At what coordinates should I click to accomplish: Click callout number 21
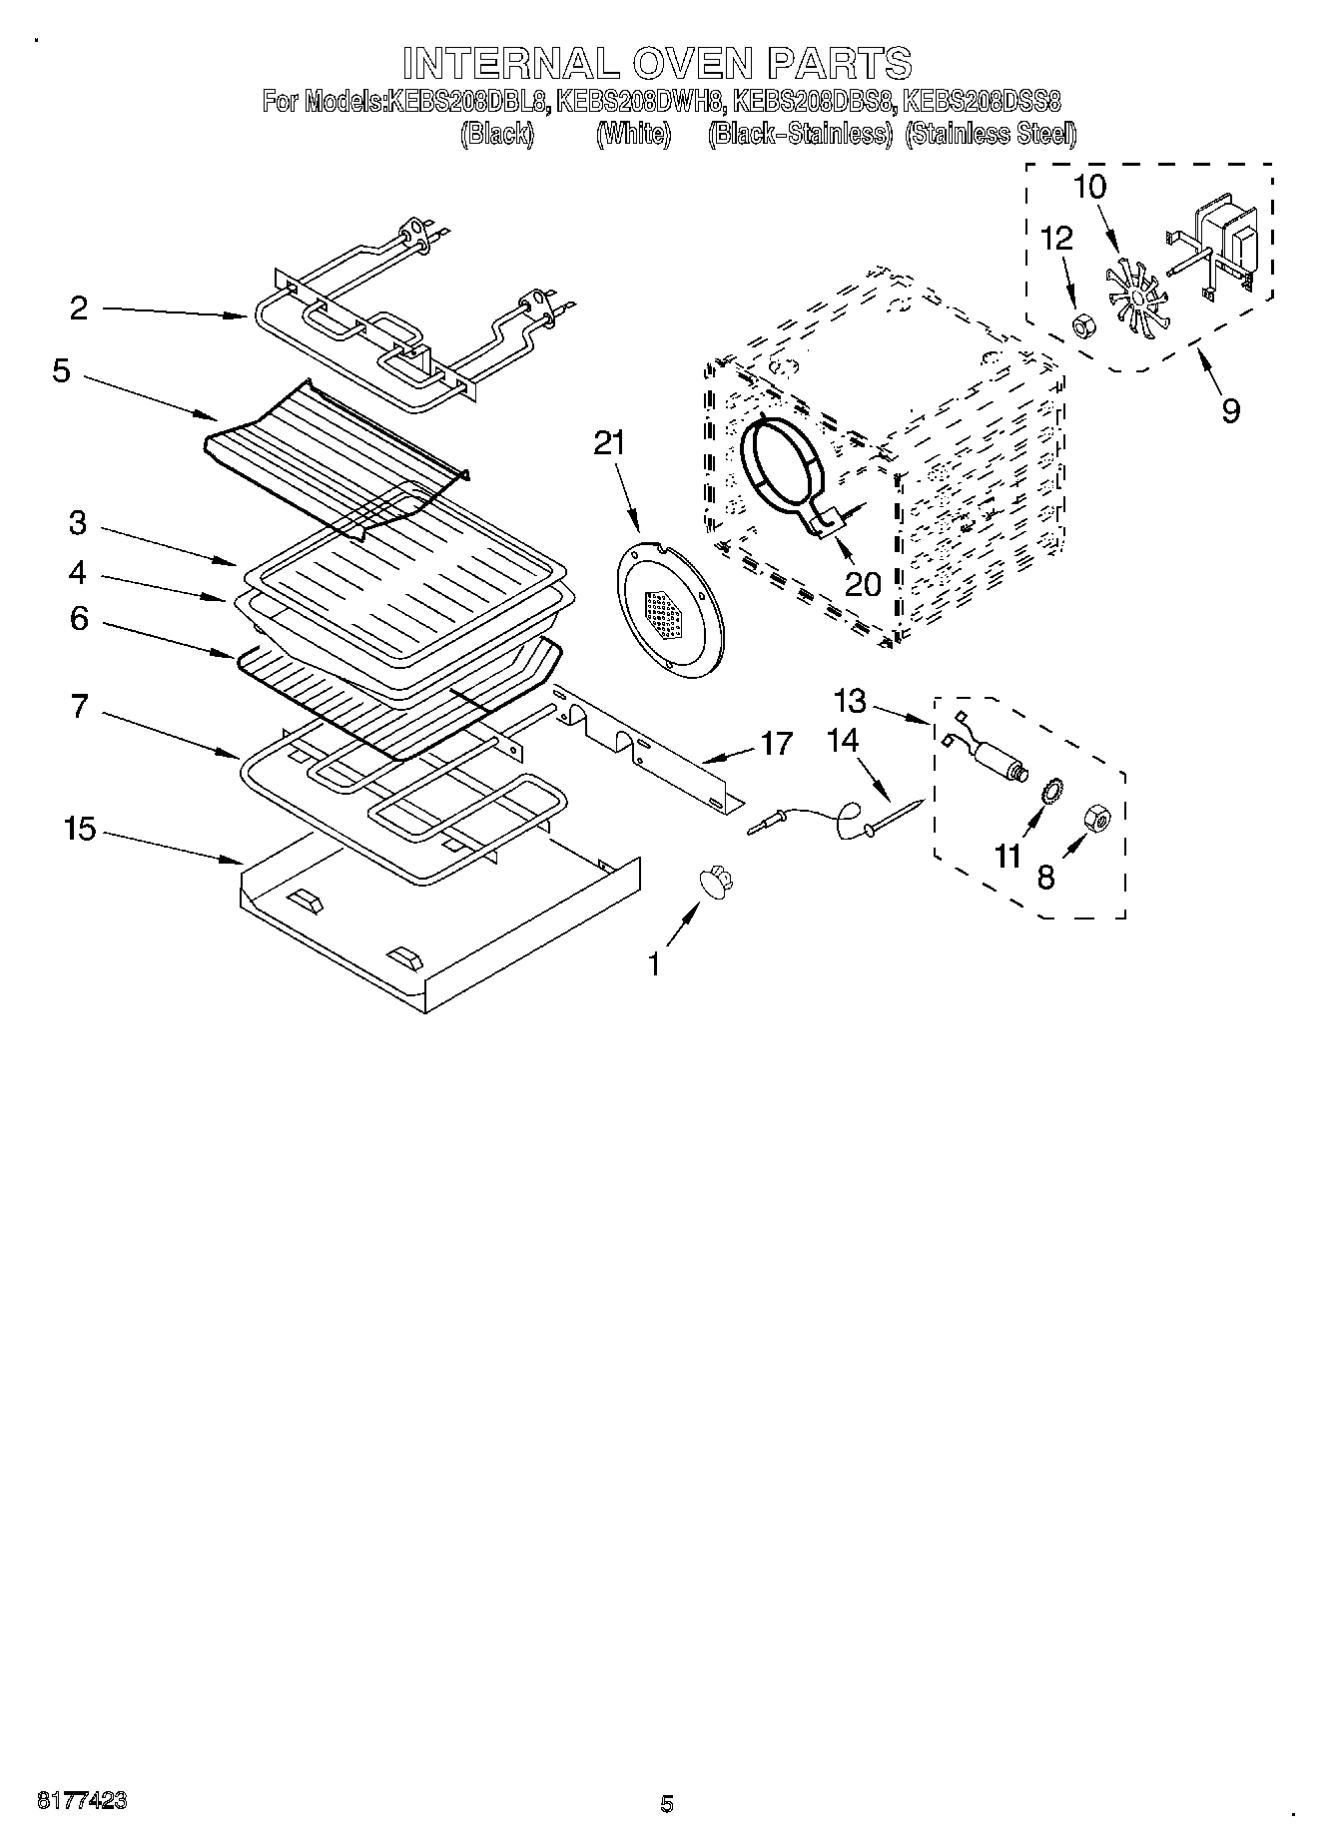point(608,442)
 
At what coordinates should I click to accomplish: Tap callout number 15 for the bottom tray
point(79,829)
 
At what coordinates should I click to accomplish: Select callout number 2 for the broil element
point(79,308)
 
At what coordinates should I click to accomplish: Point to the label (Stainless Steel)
point(991,134)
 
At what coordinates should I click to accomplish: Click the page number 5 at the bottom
point(666,1803)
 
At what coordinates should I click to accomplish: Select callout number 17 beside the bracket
point(776,744)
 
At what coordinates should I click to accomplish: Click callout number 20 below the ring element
point(863,582)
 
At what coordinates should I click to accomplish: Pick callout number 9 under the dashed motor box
point(1230,409)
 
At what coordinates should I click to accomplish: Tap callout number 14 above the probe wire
point(843,740)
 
